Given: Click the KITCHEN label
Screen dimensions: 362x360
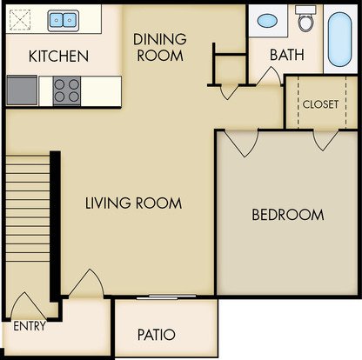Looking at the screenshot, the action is point(58,56).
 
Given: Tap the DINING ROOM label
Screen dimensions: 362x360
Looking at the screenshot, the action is point(160,47).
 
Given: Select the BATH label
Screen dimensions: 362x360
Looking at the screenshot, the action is point(287,55).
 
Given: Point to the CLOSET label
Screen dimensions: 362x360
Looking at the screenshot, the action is point(320,104).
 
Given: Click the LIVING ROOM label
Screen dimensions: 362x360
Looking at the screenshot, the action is point(133,203).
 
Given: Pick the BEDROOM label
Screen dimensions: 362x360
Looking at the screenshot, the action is point(288,215).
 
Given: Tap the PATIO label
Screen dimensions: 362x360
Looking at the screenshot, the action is point(157,335).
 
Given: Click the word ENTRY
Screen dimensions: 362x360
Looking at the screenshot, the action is point(30,326).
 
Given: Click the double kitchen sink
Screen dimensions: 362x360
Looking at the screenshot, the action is point(64,20).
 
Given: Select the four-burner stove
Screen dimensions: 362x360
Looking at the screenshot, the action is point(67,91).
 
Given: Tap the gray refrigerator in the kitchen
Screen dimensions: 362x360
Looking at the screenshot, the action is point(22,90).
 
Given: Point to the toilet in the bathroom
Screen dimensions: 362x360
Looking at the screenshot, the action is point(305,18).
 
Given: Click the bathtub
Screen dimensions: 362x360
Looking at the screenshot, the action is point(340,39).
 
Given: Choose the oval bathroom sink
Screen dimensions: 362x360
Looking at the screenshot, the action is point(267,21).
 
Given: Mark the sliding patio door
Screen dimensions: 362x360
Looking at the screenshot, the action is point(166,297).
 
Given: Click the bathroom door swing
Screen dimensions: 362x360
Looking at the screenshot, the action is point(270,77).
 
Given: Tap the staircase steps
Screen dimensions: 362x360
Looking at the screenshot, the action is point(28,208).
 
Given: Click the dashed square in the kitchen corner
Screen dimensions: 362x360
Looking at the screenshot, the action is point(20,20).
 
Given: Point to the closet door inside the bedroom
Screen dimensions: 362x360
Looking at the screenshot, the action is point(325,141).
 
